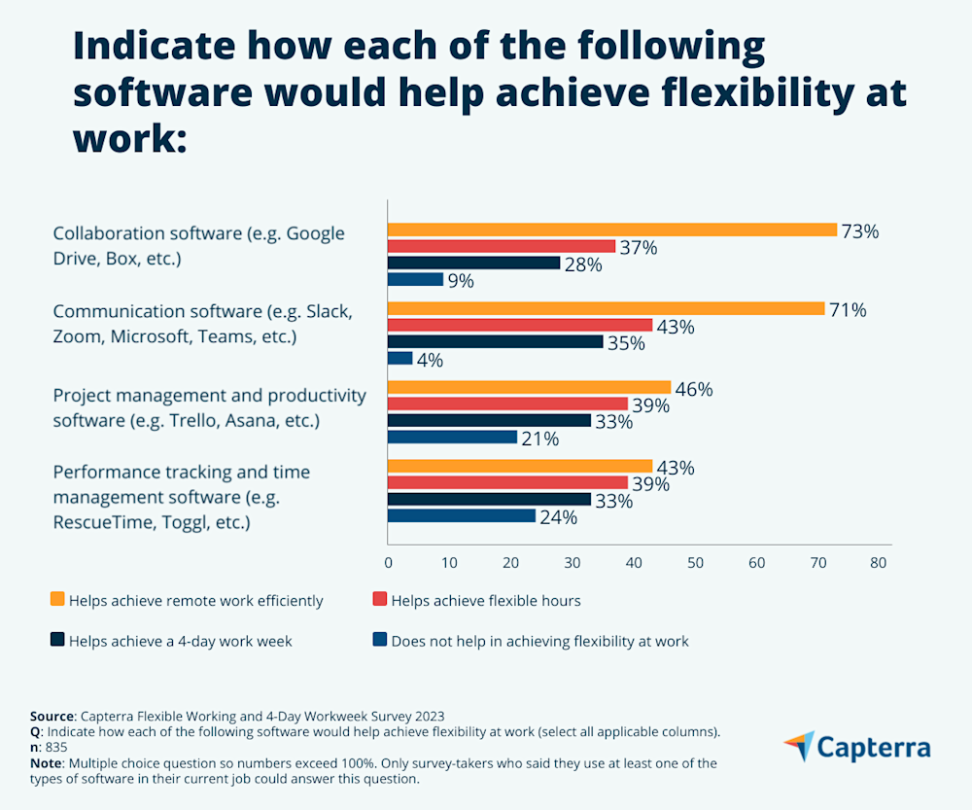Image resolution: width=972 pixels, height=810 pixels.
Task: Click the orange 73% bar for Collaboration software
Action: pos(612,230)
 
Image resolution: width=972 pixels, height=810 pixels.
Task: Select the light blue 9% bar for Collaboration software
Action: pos(416,280)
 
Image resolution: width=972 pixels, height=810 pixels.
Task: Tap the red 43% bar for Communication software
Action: pos(520,325)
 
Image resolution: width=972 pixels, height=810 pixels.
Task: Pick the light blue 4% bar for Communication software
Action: pos(400,359)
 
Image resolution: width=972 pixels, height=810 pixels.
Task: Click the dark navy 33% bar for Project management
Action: pos(489,420)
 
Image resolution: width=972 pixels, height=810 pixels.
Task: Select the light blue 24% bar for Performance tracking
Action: pos(462,516)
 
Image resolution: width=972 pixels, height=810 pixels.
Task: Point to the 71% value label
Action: pos(848,310)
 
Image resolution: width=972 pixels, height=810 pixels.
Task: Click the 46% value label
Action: pos(694,389)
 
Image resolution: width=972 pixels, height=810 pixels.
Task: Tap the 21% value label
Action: pos(539,439)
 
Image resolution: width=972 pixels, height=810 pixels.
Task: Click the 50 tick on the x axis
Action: pos(695,563)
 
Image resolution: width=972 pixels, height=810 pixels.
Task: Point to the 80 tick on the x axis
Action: pos(879,563)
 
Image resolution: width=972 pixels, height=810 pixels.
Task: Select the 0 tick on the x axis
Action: pos(388,563)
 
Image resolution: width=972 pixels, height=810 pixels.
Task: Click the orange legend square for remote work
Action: pos(57,600)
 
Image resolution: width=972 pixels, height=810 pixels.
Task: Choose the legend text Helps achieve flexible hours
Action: pos(486,601)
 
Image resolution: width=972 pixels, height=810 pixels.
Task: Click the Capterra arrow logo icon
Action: pos(800,746)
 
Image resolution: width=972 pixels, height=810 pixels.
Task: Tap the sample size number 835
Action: pos(56,747)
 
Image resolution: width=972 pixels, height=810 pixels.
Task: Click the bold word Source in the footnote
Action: pos(52,715)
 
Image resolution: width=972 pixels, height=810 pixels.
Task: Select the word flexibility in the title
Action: pos(740,92)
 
